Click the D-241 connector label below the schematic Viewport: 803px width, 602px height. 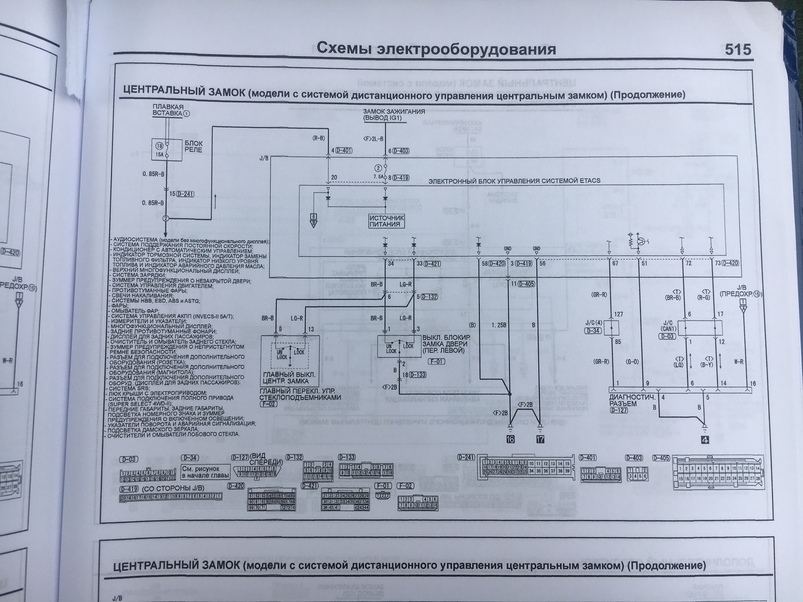coord(466,457)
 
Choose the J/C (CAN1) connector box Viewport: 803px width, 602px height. coord(700,328)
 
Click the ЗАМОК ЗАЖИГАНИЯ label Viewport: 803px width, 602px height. coord(394,112)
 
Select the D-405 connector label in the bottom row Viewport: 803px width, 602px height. coord(661,458)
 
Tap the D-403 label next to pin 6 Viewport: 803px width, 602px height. coord(401,151)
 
